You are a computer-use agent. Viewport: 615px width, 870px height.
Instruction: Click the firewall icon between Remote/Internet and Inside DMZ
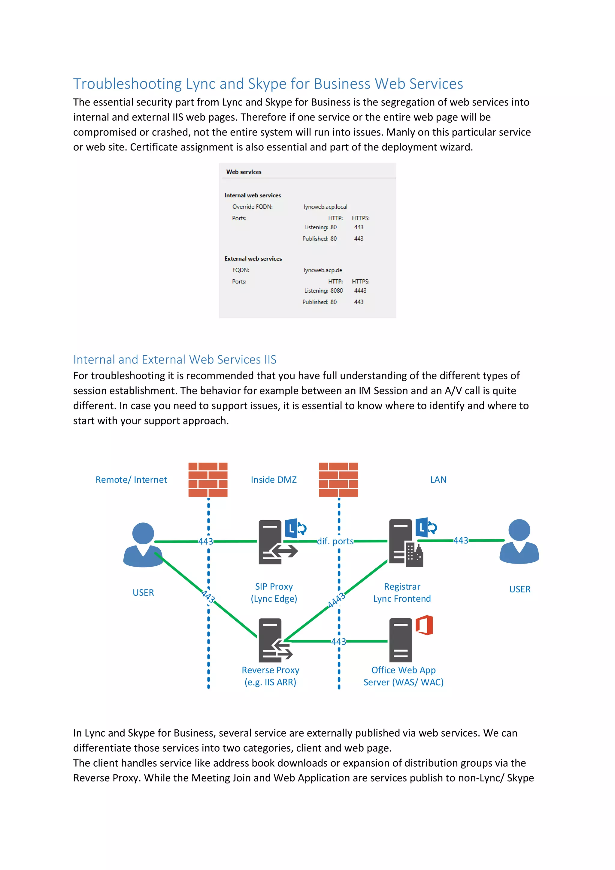click(x=208, y=479)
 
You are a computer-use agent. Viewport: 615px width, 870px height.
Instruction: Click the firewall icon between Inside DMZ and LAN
click(x=338, y=479)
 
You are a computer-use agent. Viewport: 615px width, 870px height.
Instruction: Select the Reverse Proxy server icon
click(x=274, y=640)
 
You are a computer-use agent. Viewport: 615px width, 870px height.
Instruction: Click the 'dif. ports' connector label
click(x=335, y=541)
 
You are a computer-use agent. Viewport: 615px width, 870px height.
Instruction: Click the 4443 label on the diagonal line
click(x=336, y=600)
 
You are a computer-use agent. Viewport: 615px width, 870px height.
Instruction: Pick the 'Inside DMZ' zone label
click(x=274, y=480)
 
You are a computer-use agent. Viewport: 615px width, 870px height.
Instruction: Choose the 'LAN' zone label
click(x=438, y=480)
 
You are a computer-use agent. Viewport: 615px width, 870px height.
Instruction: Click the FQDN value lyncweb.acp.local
click(x=325, y=207)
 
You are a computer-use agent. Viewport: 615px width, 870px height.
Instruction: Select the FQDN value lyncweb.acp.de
click(x=323, y=270)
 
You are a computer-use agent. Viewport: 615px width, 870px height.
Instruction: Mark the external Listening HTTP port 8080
click(x=336, y=291)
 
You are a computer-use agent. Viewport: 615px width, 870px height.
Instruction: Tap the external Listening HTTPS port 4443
click(x=360, y=291)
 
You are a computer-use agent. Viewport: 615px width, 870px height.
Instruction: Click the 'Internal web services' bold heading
click(x=253, y=196)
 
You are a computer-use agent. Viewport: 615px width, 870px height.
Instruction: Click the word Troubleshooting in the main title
click(x=128, y=84)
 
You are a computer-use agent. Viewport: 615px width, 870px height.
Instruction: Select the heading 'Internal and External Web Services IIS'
click(x=174, y=359)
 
